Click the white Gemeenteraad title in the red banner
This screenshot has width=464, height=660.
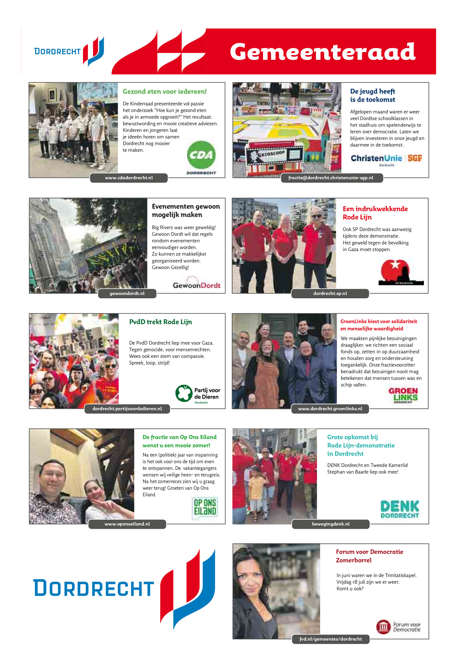[x=322, y=52]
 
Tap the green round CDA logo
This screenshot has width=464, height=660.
[x=201, y=155]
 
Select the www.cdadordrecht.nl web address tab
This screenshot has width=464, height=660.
[x=129, y=178]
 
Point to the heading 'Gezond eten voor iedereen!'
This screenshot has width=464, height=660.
[x=164, y=92]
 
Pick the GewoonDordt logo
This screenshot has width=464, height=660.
[x=197, y=284]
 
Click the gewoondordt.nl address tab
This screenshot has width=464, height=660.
[x=127, y=293]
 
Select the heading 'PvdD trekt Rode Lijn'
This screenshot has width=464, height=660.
[x=160, y=322]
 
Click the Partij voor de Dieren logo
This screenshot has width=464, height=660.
[x=198, y=394]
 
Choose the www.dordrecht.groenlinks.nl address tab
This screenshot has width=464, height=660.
[x=330, y=409]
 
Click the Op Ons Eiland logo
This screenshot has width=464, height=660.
[x=205, y=508]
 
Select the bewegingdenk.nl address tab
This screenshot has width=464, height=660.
[x=331, y=524]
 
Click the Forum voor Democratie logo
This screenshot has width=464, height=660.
[x=398, y=627]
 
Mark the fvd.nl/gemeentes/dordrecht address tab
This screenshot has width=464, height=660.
[x=331, y=639]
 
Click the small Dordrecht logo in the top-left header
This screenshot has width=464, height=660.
[x=69, y=51]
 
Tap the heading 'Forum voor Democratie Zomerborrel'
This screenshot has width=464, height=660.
[x=369, y=556]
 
